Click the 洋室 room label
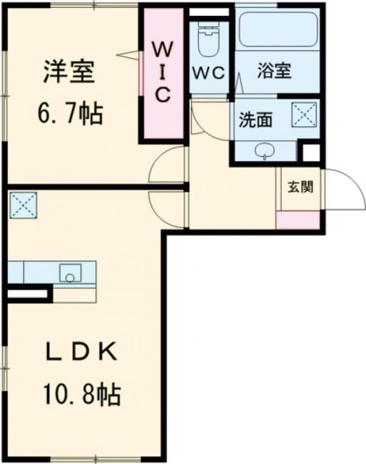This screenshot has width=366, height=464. tap(70, 73)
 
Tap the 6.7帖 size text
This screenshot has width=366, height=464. tap(70, 113)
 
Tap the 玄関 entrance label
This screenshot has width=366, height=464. tap(299, 187)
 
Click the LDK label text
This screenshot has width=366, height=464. tap(81, 354)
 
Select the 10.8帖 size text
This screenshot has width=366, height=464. tap(81, 394)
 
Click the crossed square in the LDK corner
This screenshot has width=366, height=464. tap(23, 204)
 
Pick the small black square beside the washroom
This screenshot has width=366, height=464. tap(311, 153)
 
